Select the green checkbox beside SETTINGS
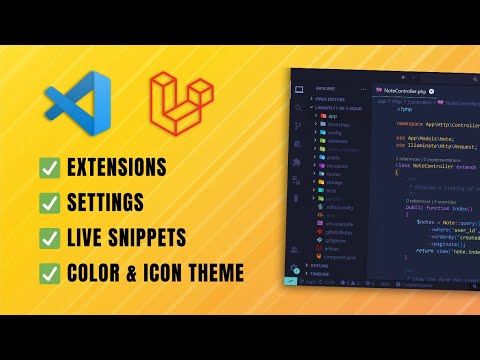coord(50,203)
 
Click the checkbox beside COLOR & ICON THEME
coord(50,273)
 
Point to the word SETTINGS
coord(112,203)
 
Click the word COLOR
coord(99,273)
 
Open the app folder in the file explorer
coord(333,117)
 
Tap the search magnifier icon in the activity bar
coord(298,112)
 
